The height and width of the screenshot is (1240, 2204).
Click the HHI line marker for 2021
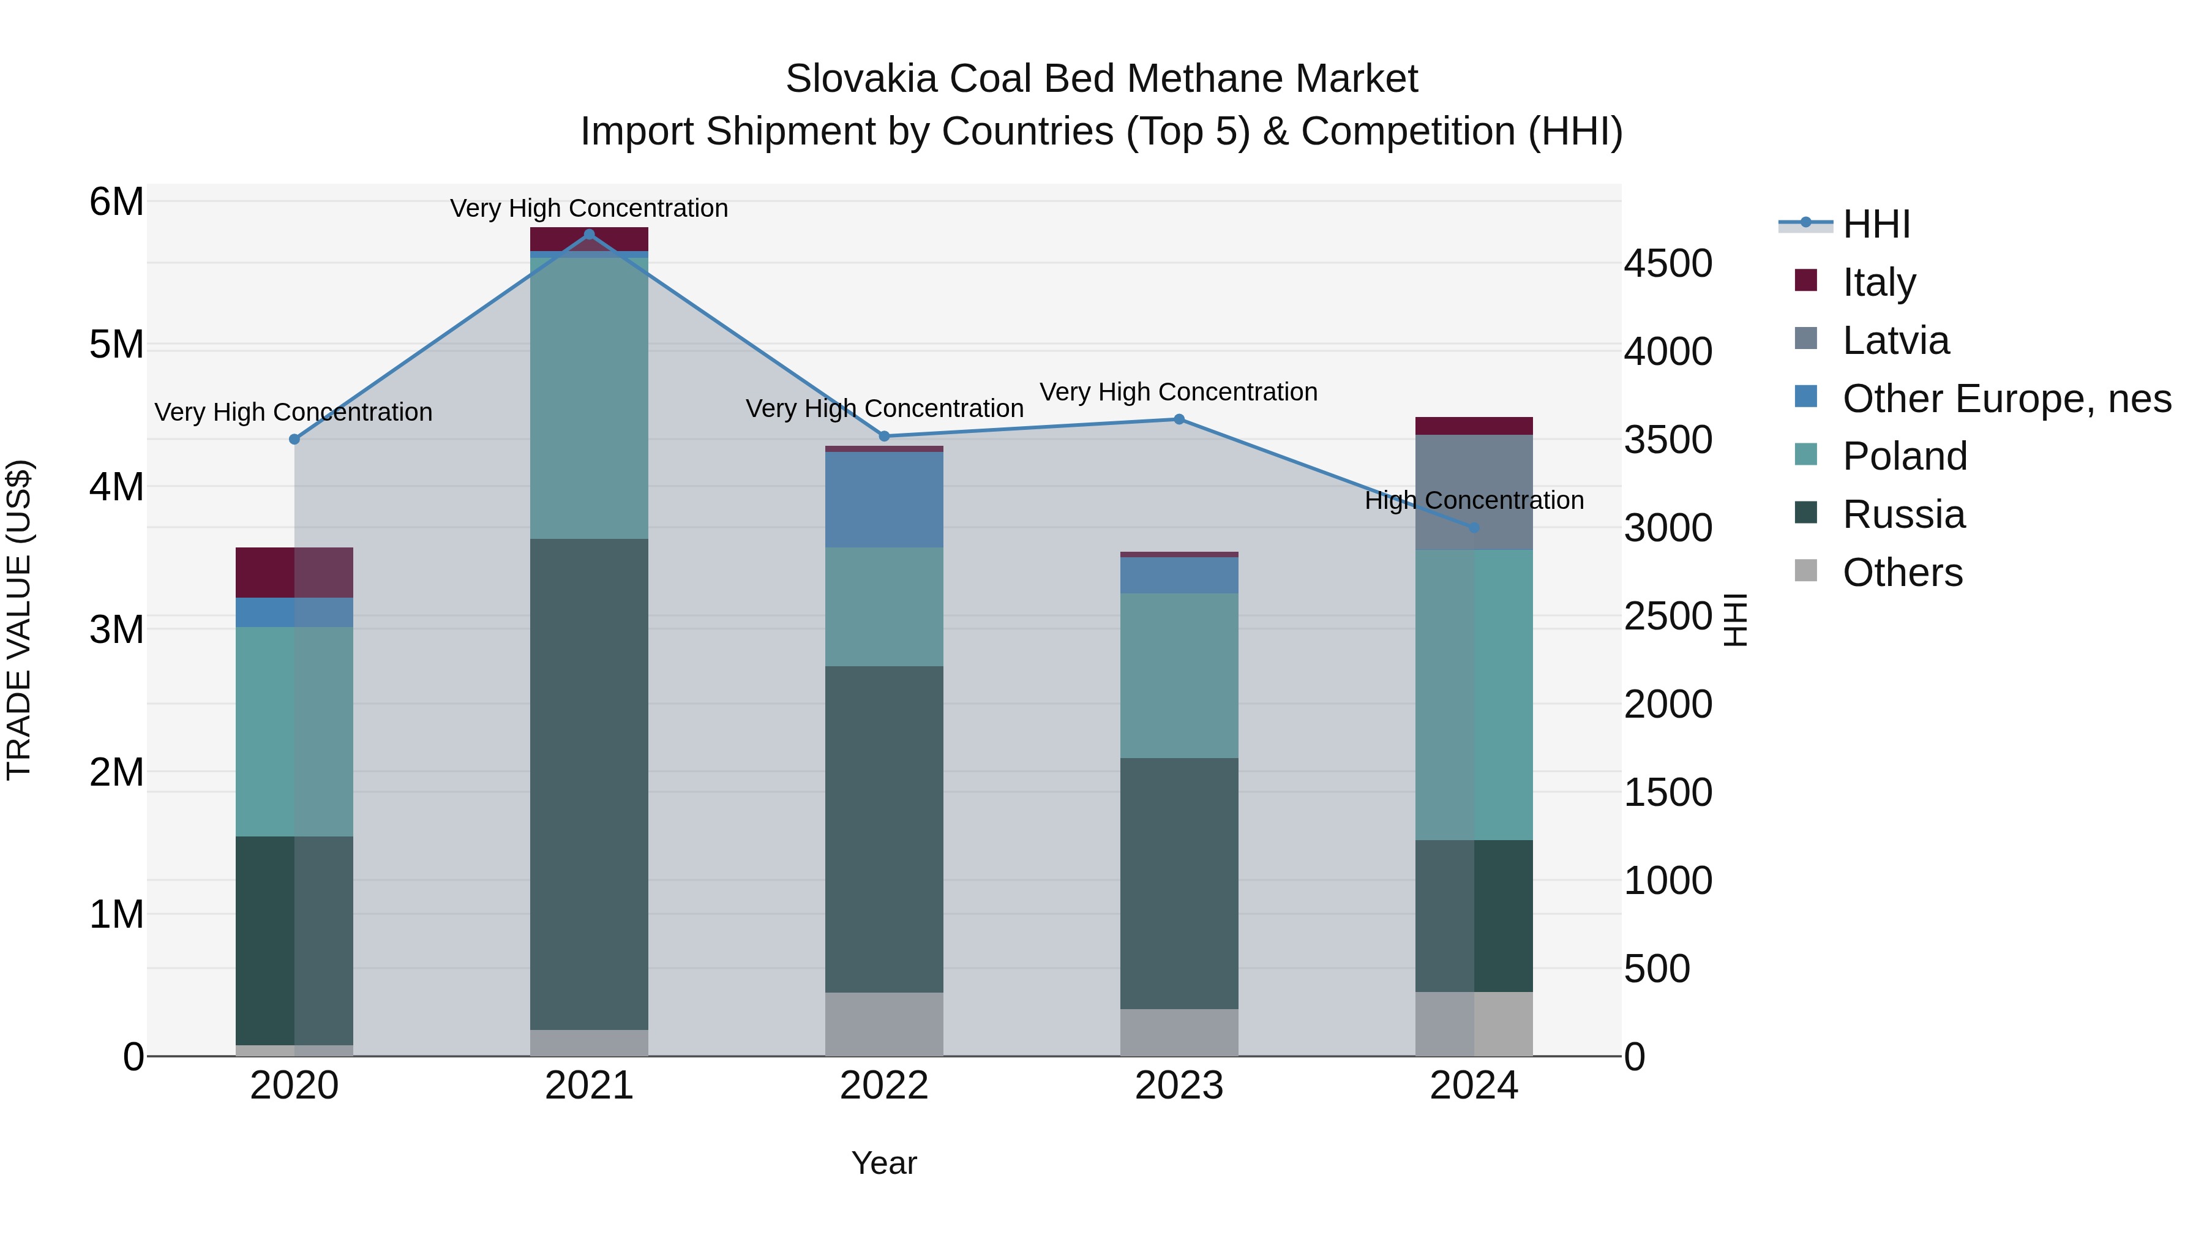(588, 235)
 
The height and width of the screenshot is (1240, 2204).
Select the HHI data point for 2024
(1474, 528)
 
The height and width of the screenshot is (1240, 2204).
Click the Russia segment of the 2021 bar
(588, 783)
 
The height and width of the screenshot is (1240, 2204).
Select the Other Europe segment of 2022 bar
(884, 500)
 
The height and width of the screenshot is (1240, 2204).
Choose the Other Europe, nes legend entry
(2006, 399)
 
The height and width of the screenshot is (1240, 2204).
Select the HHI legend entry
(1875, 224)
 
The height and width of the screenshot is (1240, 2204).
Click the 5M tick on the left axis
(116, 345)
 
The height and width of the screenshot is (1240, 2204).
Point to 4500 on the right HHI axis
(1668, 263)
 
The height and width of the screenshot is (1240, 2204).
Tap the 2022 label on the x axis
(884, 1086)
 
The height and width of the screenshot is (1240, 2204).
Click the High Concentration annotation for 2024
(1474, 501)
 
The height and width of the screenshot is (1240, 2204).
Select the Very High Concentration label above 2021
(588, 209)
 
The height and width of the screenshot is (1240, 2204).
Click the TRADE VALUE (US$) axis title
(19, 620)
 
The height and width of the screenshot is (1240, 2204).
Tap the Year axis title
(884, 1163)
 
